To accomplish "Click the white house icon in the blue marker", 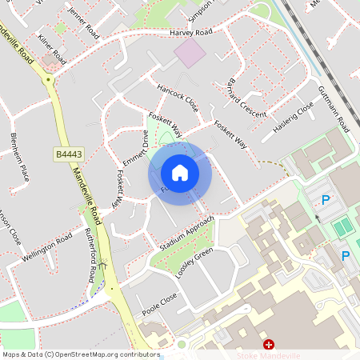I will (x=180, y=173).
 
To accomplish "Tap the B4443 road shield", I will (x=69, y=154).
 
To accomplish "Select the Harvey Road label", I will (x=191, y=32).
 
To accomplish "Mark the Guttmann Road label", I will (x=334, y=109).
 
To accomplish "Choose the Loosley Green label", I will (x=195, y=262).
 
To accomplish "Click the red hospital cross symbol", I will (x=268, y=343).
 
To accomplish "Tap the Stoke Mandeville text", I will (x=268, y=354).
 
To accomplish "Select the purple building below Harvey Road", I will (x=190, y=54).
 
